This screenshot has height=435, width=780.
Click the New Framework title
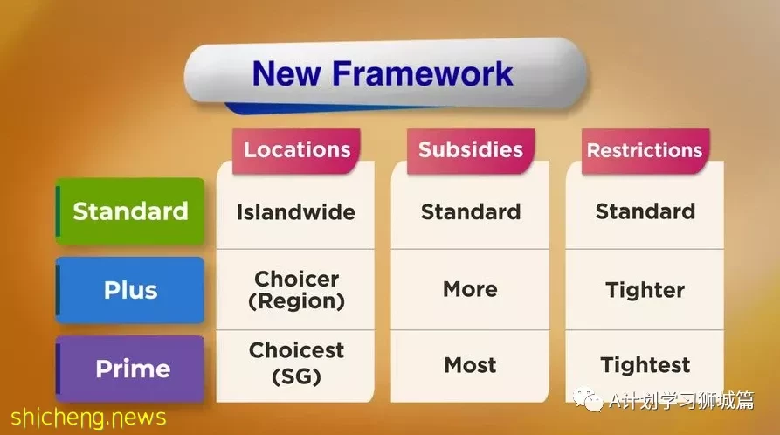[383, 73]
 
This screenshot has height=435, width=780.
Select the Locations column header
[296, 150]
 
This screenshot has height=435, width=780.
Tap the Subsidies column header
[471, 150]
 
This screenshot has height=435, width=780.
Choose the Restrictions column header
[645, 150]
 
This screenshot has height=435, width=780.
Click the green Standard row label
[130, 211]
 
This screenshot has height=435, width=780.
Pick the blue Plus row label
[130, 290]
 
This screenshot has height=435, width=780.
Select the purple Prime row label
[130, 369]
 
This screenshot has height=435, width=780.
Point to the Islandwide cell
[296, 212]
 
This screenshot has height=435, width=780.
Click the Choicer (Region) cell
[296, 290]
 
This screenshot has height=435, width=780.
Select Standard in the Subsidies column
[471, 211]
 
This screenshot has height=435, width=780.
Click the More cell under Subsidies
[470, 289]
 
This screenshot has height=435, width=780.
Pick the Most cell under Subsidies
[470, 365]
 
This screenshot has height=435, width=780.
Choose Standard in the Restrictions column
[645, 211]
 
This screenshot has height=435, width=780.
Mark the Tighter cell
[645, 290]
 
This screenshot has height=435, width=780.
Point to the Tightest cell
[645, 365]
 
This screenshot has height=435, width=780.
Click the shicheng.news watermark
[88, 417]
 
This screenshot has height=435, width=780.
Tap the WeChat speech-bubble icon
[588, 400]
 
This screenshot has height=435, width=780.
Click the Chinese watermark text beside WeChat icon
[681, 400]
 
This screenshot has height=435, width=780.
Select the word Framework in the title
[423, 73]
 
